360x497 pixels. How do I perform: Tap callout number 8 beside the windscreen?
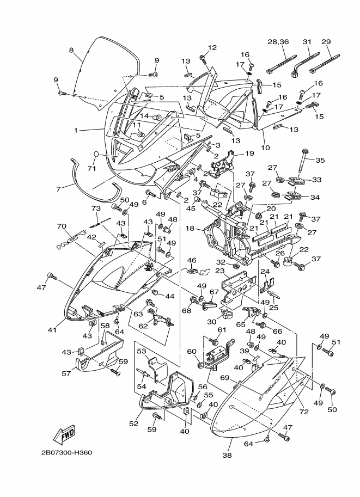tap(71, 50)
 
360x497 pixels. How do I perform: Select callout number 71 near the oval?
tap(91, 169)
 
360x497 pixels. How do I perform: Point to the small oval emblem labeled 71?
tap(96, 155)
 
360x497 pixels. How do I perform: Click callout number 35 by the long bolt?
tap(320, 160)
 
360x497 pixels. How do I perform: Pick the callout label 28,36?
tap(278, 42)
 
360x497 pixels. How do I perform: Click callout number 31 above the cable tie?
tap(307, 41)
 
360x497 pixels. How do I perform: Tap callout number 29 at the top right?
tap(326, 41)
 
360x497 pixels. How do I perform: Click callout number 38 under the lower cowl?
tap(227, 456)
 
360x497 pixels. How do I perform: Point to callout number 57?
tap(66, 374)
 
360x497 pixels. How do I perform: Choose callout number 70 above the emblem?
tap(62, 226)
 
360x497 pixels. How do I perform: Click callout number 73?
tap(96, 208)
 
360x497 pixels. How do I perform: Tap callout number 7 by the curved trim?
tap(58, 189)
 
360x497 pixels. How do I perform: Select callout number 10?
tap(265, 148)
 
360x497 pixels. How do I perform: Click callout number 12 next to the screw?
tap(212, 47)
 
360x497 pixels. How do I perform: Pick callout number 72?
tap(304, 412)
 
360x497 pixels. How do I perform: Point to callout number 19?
tap(249, 154)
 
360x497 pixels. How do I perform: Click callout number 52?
tap(133, 424)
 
